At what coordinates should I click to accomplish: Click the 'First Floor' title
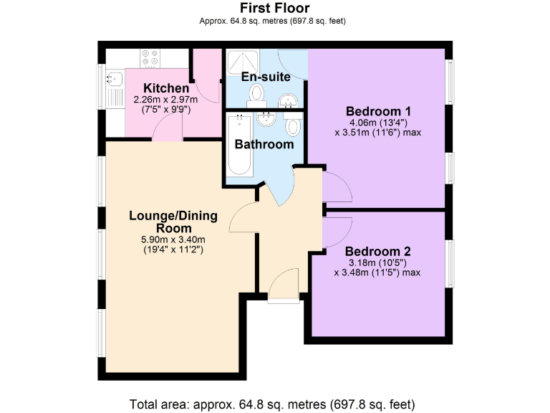[274, 8]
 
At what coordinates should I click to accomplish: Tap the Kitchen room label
[166, 88]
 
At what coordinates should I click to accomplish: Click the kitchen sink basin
[113, 80]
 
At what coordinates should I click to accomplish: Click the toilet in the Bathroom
[293, 126]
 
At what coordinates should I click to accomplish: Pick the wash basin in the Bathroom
[266, 120]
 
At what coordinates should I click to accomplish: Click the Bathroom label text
[264, 144]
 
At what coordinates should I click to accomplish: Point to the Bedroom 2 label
[377, 252]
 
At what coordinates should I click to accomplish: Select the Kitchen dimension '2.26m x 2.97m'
[165, 100]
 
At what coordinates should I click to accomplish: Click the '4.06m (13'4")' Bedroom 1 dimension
[377, 123]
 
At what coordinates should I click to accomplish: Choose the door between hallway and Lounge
[243, 218]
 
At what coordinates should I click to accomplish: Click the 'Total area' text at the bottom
[272, 403]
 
